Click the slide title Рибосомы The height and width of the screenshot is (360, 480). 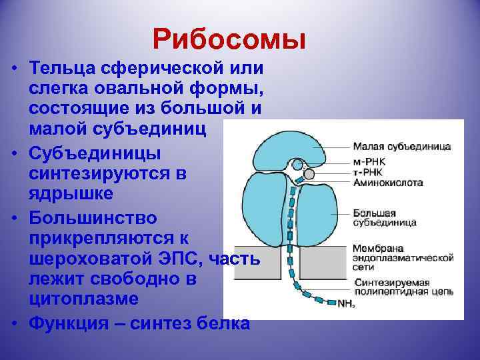tap(229, 39)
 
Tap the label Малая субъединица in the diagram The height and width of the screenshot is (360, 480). tap(401, 146)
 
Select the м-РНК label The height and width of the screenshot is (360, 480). tap(369, 163)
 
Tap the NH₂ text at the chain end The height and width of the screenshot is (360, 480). tap(346, 304)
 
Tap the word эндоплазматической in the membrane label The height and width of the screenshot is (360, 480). tap(403, 257)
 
